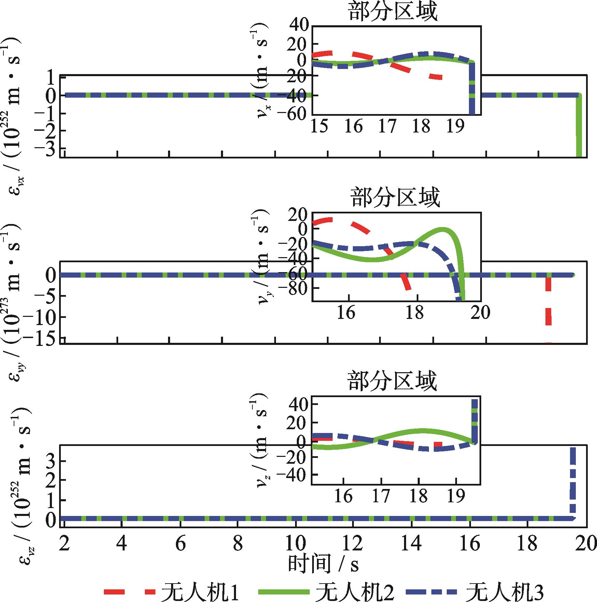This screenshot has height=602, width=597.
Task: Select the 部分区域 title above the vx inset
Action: tap(393, 12)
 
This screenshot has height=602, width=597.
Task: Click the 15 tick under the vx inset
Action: tap(319, 127)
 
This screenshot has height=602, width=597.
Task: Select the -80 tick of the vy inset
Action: tap(295, 288)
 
